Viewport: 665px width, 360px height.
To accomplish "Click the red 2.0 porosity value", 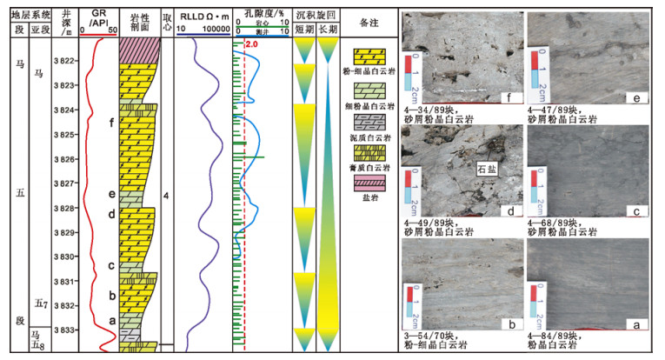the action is (x=253, y=44).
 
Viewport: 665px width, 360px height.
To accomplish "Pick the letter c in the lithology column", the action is (x=111, y=265).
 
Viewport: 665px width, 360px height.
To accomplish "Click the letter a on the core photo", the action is (x=637, y=323).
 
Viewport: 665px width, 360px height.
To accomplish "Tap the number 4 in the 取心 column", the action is (x=165, y=197).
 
